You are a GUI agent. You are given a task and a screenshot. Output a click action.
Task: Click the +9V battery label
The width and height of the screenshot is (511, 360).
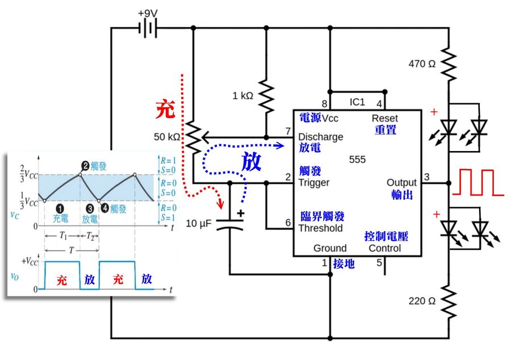point(148,12)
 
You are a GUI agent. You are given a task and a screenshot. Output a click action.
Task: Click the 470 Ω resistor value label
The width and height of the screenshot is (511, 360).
point(422,64)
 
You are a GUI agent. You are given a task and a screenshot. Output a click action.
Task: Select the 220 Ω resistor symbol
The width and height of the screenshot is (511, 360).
point(449,301)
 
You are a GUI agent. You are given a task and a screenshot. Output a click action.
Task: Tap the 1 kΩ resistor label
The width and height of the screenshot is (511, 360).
point(242,95)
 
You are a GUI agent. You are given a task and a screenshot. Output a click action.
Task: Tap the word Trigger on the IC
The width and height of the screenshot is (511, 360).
point(314,183)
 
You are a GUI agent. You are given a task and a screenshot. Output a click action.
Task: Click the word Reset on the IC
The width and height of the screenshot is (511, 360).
point(384,118)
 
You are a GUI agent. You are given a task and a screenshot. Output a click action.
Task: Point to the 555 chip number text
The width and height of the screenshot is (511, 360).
point(358,160)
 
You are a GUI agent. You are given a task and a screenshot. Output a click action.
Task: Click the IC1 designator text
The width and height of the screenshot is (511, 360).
point(357,102)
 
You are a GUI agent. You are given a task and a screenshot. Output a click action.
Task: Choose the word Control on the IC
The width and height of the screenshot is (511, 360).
point(384,248)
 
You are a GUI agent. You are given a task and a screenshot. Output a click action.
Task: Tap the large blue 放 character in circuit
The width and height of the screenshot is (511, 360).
point(251,162)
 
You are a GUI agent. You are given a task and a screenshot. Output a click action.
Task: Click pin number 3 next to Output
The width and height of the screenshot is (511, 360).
point(426,177)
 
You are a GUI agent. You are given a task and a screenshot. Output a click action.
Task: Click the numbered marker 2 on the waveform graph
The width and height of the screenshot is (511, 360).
point(85,166)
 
